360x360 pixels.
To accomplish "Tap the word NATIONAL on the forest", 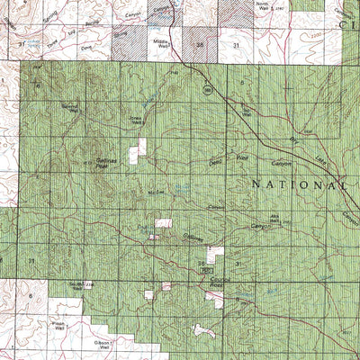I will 298,184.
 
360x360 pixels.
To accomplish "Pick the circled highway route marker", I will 208,90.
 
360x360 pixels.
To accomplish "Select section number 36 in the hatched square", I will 200,42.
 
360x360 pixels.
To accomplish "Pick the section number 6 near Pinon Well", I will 30,295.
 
